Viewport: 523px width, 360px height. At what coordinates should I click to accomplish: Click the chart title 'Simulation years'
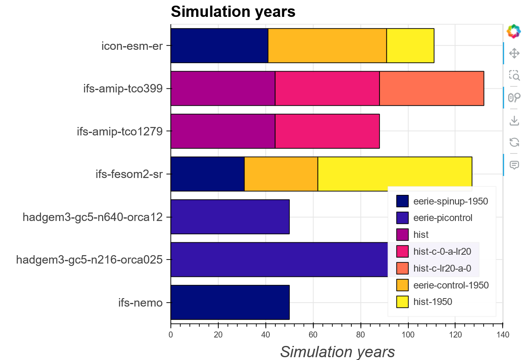233,12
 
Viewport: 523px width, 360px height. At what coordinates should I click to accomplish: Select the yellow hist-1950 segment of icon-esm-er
410,46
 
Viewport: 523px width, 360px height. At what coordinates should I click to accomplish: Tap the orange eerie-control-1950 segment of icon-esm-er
327,46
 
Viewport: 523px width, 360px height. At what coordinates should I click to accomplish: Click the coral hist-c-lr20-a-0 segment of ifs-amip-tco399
431,88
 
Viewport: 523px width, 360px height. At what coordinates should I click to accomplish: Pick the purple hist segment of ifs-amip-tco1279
223,131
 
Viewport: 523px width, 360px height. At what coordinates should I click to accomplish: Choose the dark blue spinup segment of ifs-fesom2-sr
207,174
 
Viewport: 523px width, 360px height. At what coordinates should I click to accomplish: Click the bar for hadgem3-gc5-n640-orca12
230,217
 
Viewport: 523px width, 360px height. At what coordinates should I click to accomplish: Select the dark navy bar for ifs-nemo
230,303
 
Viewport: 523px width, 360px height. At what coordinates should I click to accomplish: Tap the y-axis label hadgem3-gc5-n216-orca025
89,260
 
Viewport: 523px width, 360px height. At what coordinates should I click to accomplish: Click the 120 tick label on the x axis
455,334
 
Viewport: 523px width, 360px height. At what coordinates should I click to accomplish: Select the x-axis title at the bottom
337,352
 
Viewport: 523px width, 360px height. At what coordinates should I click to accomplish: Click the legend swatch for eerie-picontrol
402,218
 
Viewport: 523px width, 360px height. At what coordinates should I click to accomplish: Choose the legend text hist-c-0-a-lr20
442,252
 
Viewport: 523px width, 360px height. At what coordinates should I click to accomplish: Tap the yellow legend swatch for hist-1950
402,302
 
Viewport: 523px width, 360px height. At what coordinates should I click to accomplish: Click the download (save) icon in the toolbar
514,120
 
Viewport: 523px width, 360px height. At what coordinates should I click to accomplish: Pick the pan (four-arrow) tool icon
514,53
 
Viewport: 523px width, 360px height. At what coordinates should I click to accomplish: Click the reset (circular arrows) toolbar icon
514,142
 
